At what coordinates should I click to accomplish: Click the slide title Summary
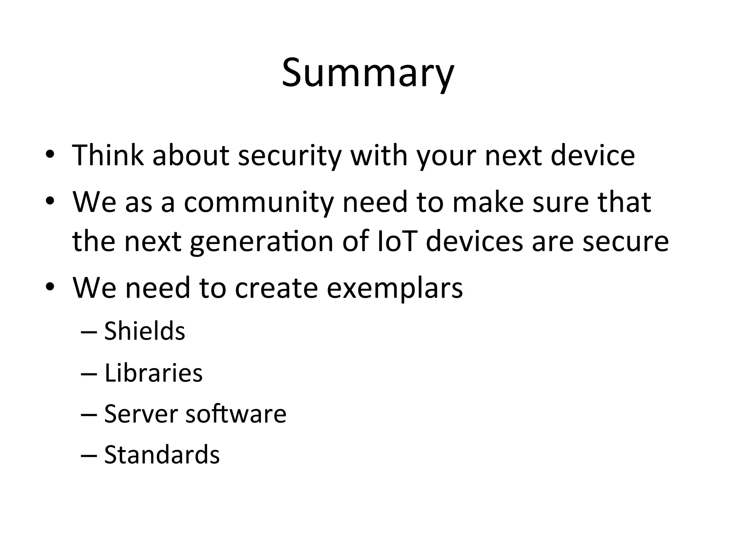click(x=368, y=74)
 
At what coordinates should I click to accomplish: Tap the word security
click(x=289, y=156)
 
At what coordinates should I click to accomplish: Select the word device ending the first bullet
click(x=593, y=155)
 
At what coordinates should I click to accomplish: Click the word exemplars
click(x=395, y=288)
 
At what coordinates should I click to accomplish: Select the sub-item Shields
click(x=144, y=331)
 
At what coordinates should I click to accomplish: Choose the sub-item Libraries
click(x=153, y=373)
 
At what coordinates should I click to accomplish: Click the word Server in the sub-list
click(x=141, y=414)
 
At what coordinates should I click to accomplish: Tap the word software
click(x=236, y=414)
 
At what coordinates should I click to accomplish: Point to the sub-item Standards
click(x=162, y=455)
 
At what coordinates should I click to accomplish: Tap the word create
click(x=276, y=288)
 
